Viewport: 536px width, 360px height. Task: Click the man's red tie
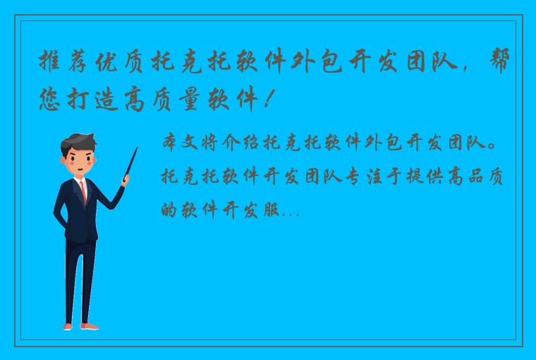84,191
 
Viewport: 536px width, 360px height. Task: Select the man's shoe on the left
68,326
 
